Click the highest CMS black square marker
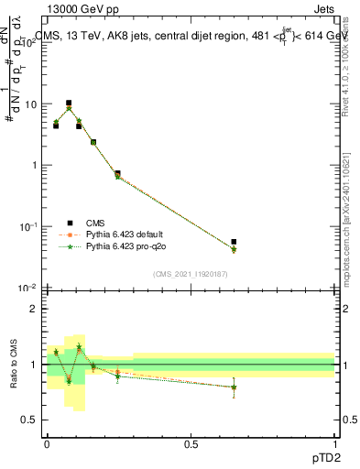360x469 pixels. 68,104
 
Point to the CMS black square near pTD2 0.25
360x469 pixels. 117,173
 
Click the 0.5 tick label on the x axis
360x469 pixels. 191,443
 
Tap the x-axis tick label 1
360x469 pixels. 334,443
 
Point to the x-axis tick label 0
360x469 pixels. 47,443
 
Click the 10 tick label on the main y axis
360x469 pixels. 30,104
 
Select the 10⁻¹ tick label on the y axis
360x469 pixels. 28,226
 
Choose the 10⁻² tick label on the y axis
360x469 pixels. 28,288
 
